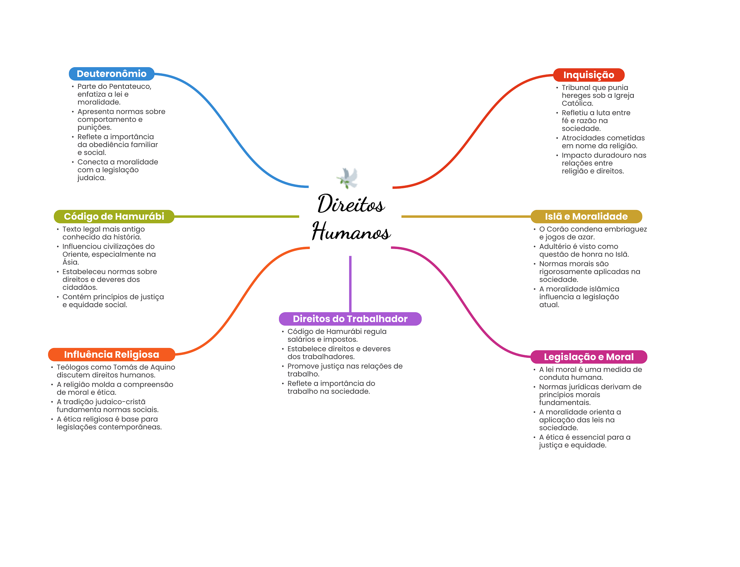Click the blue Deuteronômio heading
coord(111,74)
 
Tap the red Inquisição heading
coord(589,75)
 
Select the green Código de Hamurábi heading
coord(114,216)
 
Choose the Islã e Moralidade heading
coord(586,216)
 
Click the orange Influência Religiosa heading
coord(111,355)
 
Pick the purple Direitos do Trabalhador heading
coord(350,319)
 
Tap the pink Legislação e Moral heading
coord(589,357)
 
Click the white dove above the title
coord(348,178)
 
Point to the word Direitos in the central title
coord(350,204)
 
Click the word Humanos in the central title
coord(351,232)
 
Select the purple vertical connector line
coord(350,284)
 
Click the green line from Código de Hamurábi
coord(237,216)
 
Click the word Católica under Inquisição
coord(577,103)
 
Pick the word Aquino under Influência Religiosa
coord(162,367)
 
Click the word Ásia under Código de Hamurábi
coord(70,262)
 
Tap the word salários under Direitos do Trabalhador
coord(301,339)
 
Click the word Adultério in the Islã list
coord(554,246)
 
